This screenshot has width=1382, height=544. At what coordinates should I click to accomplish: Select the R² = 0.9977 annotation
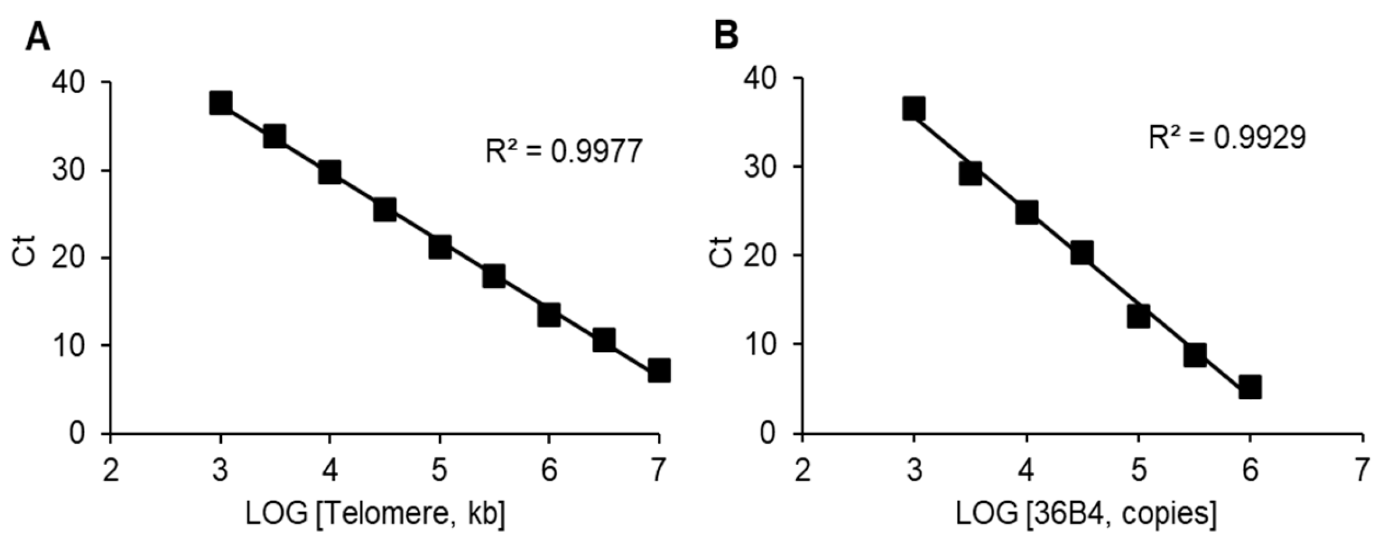(x=564, y=152)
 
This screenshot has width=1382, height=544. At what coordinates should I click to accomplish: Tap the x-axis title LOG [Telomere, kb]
(x=375, y=514)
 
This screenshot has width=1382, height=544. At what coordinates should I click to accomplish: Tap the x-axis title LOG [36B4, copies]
(x=1086, y=514)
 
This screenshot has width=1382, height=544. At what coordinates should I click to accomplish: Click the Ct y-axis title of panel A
(x=24, y=251)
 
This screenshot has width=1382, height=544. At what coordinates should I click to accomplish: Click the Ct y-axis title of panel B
(x=722, y=251)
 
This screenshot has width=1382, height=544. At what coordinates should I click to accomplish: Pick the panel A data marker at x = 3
(x=221, y=103)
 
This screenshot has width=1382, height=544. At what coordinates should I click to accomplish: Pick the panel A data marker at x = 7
(x=658, y=370)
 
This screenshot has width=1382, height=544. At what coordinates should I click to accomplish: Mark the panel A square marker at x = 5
(x=440, y=247)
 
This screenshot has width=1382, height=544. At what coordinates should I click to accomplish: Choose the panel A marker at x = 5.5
(x=494, y=276)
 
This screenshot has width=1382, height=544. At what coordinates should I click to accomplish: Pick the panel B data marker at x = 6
(x=1250, y=387)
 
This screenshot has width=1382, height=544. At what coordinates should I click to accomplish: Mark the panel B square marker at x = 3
(x=914, y=108)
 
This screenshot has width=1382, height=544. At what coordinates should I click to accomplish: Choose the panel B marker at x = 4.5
(x=1082, y=253)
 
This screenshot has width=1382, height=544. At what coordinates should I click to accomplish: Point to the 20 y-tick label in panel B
(x=761, y=255)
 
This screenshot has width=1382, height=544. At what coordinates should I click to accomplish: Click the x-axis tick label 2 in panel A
(x=110, y=470)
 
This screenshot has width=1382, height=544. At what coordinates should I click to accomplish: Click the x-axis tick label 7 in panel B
(x=1361, y=470)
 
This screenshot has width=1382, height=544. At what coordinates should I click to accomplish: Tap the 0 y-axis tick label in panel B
(x=769, y=434)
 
